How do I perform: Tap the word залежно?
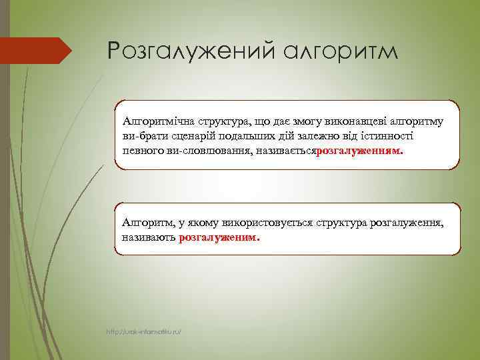click(x=319, y=136)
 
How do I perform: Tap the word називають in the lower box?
click(x=149, y=237)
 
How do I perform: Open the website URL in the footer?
click(x=144, y=331)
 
